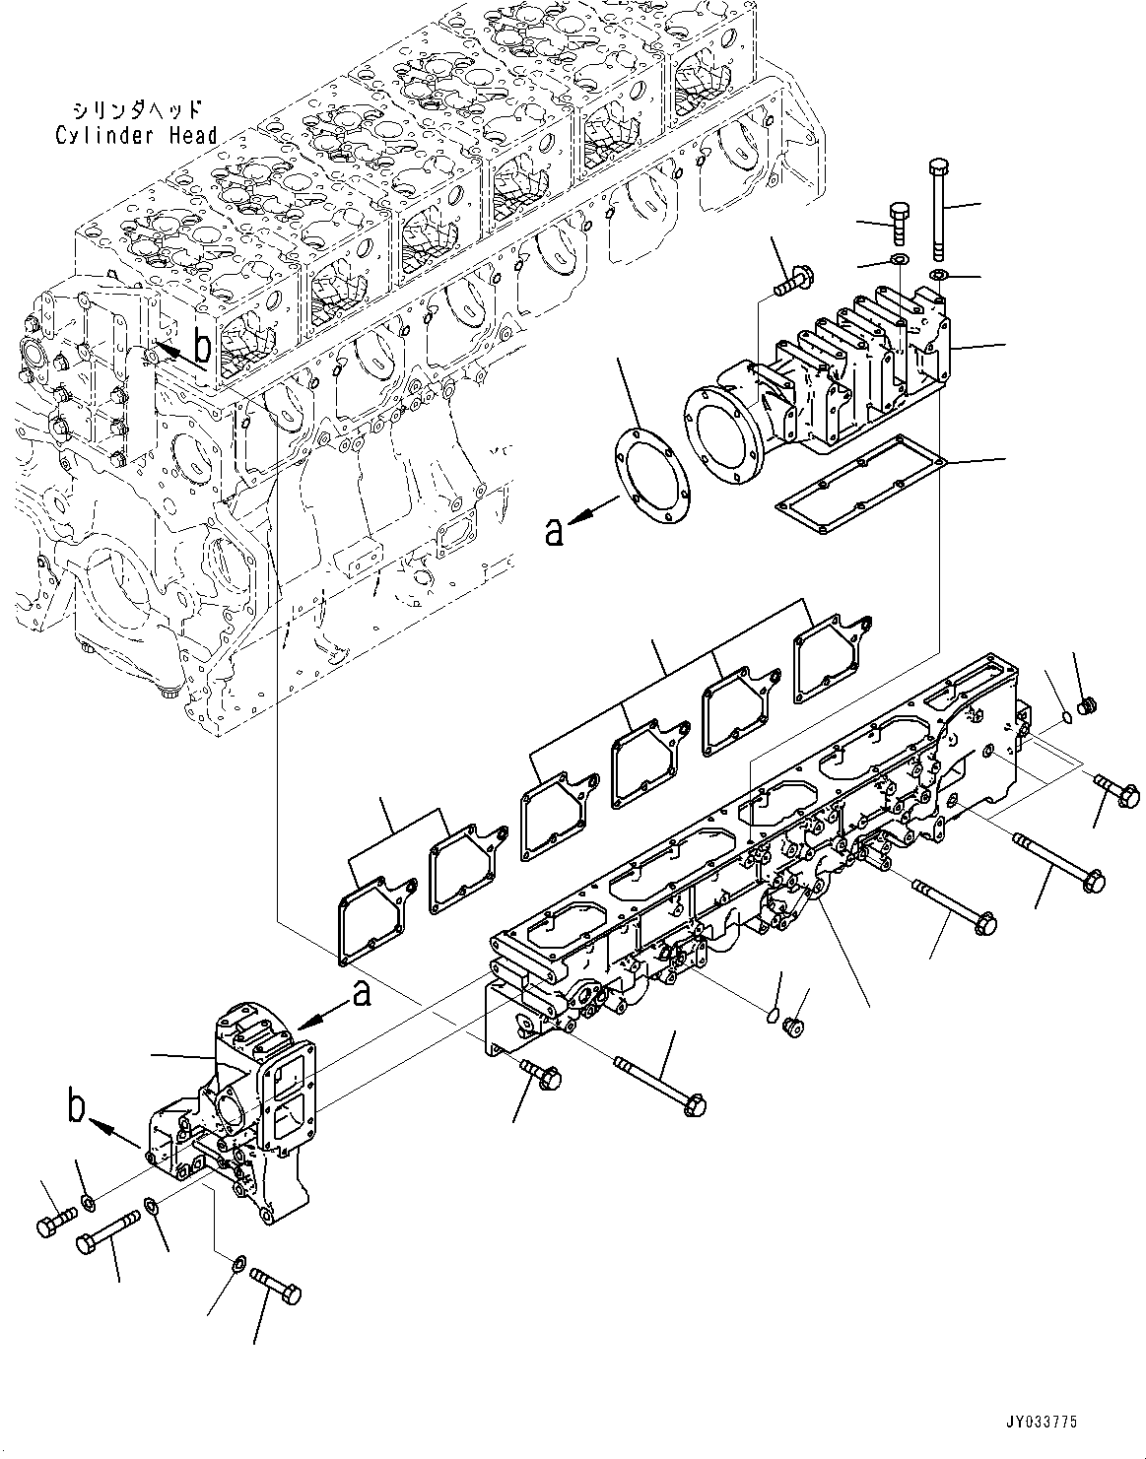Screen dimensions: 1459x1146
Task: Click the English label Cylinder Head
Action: coord(135,135)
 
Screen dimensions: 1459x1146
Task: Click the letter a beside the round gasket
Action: coord(556,531)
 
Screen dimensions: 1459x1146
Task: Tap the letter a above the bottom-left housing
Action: coord(362,995)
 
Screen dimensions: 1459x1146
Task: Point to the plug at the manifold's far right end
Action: coord(1088,705)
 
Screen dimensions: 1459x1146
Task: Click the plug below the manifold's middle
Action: coord(790,1028)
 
